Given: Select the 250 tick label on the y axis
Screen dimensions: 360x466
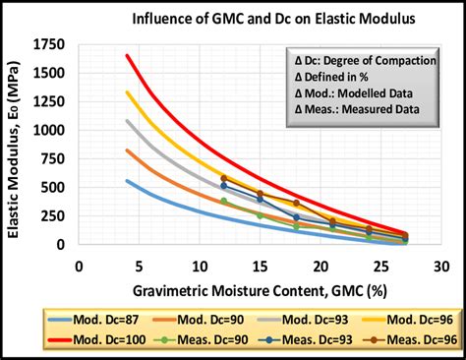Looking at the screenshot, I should click(x=59, y=216).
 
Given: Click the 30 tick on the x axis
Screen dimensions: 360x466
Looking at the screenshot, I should click(x=441, y=267).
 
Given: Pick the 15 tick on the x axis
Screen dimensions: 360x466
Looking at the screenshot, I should click(x=260, y=267).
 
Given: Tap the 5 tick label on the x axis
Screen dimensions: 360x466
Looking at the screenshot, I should click(x=139, y=267).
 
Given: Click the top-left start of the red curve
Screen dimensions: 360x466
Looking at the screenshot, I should click(x=127, y=56).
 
